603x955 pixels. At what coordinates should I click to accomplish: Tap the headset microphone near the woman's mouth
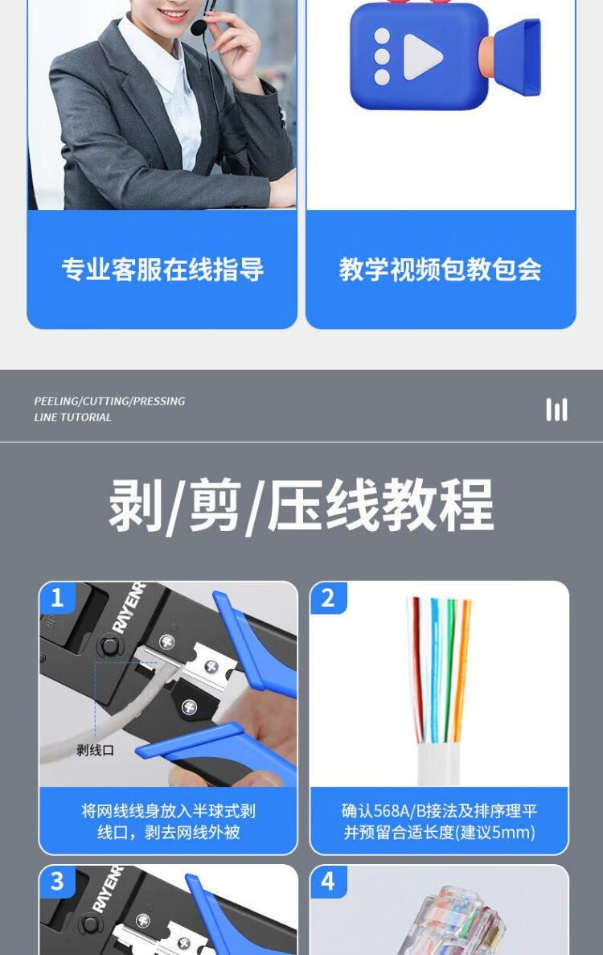coord(199,27)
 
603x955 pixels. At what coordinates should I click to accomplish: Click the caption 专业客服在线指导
coord(162,270)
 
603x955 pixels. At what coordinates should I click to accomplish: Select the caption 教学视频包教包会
coord(440,270)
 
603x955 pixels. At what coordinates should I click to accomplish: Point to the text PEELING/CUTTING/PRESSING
coord(109,401)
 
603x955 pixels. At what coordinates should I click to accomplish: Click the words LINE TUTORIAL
coord(72,418)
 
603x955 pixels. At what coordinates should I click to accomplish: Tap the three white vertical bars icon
coord(556,410)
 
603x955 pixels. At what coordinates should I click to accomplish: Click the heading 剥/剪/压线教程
coord(301,505)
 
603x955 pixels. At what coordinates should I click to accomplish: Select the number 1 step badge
coord(57,598)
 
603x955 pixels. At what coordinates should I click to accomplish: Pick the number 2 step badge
coord(328,598)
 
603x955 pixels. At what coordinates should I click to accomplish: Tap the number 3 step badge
coord(57,881)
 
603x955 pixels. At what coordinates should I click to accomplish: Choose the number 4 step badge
coord(328,881)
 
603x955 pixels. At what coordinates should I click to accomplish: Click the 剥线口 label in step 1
coord(96,750)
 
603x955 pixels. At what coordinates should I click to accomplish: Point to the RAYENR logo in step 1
coord(129,608)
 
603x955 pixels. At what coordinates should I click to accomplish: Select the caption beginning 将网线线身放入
coord(169,821)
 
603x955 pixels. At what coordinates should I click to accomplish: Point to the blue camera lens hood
coord(516,58)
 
